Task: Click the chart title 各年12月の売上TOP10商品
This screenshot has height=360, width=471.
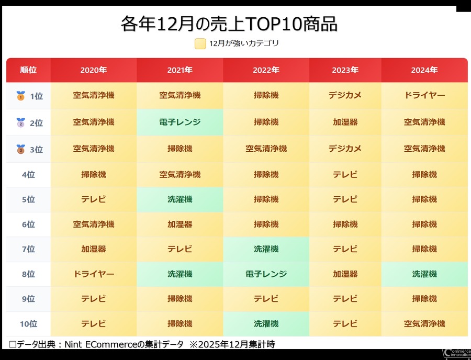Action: tap(229, 24)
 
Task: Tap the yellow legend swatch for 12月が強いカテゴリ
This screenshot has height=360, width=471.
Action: tap(200, 44)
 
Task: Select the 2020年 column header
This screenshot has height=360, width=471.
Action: tap(94, 70)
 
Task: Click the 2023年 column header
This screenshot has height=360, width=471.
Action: tap(345, 70)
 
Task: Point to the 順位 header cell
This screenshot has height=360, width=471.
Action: tap(28, 70)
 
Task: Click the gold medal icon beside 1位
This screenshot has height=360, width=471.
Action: tap(20, 96)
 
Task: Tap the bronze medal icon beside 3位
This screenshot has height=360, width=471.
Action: tap(20, 149)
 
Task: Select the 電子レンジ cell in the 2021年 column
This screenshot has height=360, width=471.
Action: tap(180, 122)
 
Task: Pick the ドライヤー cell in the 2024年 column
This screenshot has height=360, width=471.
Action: tap(424, 96)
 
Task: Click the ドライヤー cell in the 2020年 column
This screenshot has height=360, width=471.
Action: tap(94, 274)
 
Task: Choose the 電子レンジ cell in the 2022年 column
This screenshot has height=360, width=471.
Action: tap(266, 274)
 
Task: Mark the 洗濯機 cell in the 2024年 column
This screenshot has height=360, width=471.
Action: tap(424, 274)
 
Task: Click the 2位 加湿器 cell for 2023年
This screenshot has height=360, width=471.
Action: tap(345, 122)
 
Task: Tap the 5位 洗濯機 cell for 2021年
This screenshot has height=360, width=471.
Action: tap(180, 199)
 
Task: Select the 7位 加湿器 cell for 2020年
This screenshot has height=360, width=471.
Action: tap(94, 249)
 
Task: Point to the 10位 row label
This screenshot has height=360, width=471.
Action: tap(28, 324)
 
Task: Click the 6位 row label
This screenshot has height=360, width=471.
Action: tap(28, 224)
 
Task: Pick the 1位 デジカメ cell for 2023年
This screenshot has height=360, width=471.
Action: tap(345, 96)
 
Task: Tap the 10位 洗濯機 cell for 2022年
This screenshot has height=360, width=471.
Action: tap(266, 324)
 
